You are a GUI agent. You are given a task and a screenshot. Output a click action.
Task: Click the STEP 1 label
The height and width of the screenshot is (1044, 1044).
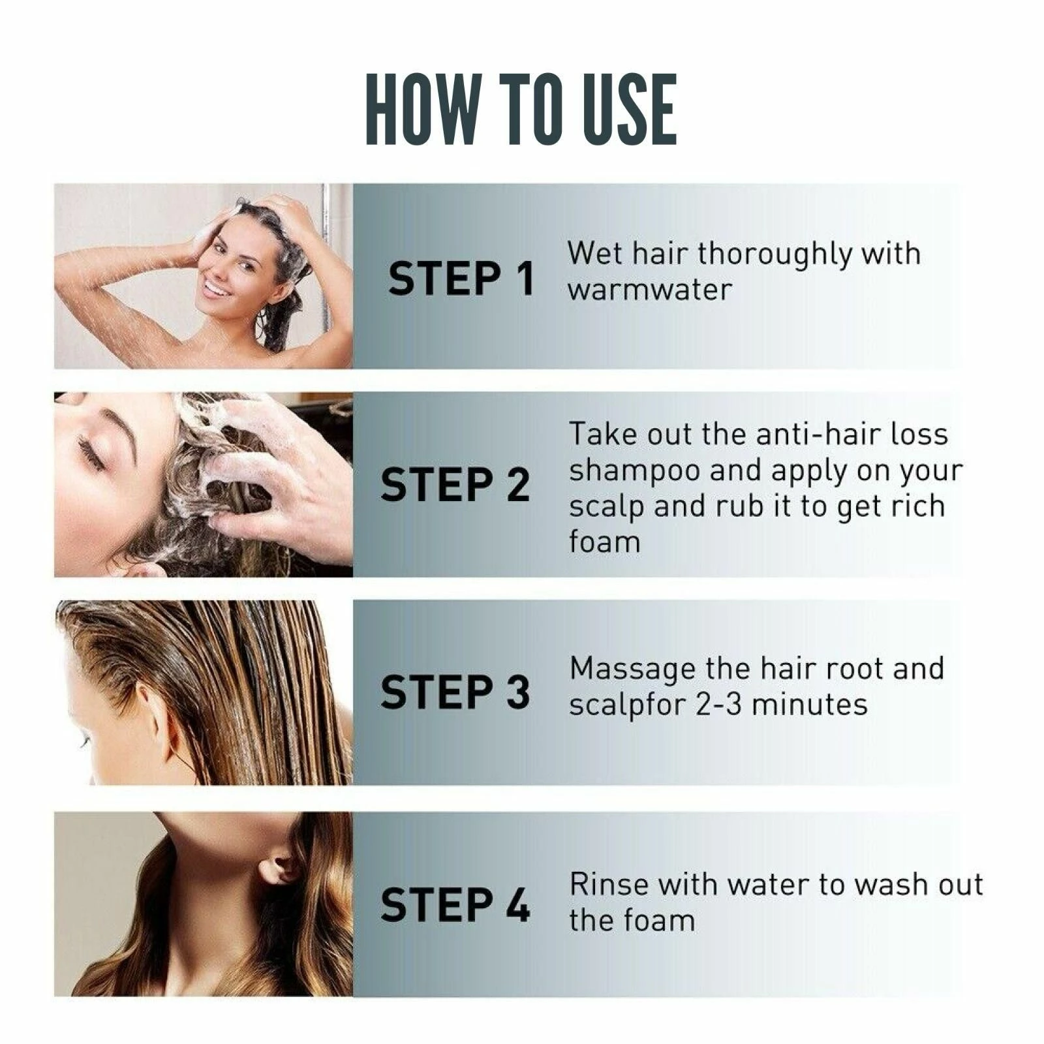461,279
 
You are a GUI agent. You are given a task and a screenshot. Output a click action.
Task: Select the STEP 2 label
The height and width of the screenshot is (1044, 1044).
455,485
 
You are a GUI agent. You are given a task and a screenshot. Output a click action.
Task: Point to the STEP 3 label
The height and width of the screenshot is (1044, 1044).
455,692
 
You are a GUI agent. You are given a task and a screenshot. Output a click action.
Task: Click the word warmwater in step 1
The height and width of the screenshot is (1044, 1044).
649,290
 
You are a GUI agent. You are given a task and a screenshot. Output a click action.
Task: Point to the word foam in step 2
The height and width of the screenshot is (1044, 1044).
604,542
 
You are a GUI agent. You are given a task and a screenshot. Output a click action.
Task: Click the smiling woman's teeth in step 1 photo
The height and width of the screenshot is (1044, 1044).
214,288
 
